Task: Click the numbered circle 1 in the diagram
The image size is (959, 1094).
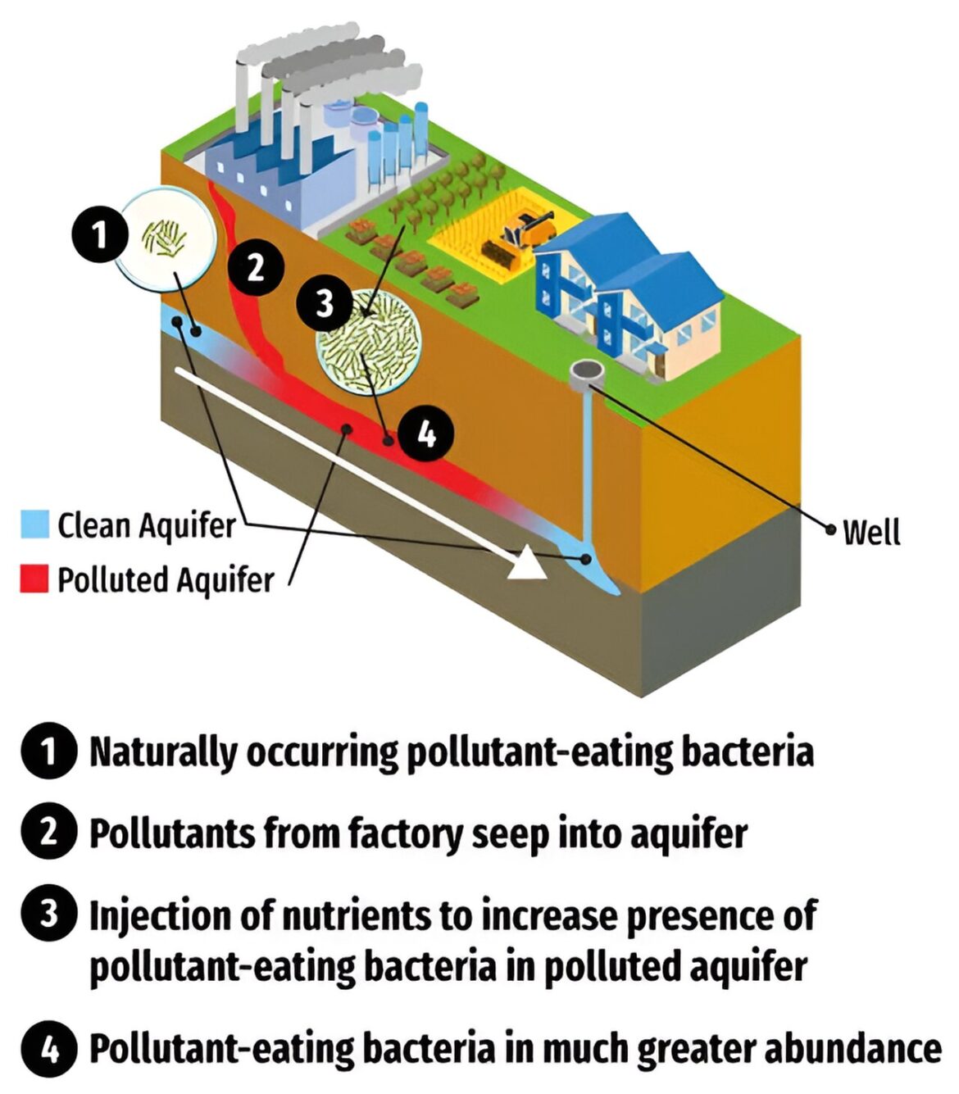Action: (x=100, y=235)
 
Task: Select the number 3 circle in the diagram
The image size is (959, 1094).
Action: (x=324, y=303)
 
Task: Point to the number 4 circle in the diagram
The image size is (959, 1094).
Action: (x=426, y=434)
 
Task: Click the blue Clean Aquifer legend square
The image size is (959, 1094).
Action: (x=35, y=524)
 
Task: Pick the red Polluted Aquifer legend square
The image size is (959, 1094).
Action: (x=34, y=579)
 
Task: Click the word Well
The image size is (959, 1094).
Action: (x=872, y=533)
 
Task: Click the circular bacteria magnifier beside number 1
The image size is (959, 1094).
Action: (x=166, y=238)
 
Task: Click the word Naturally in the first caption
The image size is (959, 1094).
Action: (x=163, y=751)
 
